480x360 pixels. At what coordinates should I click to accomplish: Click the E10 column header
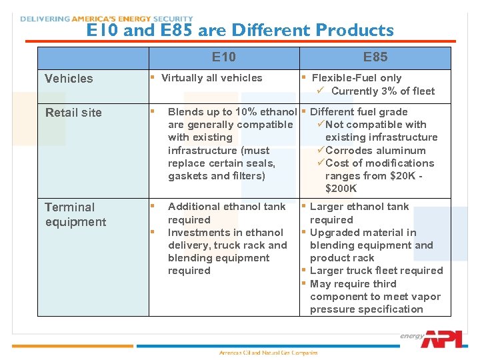(224, 57)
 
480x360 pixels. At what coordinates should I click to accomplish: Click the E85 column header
(375, 57)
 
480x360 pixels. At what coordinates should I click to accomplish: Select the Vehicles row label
(69, 79)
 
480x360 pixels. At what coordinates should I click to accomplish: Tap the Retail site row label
(73, 113)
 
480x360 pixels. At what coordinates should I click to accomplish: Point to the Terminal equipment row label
(75, 215)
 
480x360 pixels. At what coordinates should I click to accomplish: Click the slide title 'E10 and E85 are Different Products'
(240, 31)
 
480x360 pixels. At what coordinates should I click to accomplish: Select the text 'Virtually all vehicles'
(212, 78)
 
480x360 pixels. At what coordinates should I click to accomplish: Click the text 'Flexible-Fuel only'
(357, 78)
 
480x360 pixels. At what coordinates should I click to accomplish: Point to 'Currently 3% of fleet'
(383, 91)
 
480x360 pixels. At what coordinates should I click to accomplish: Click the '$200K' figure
(341, 189)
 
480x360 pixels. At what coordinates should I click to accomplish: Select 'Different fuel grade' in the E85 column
(359, 112)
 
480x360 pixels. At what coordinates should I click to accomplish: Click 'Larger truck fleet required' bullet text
(376, 271)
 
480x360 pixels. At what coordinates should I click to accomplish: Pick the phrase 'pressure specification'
(366, 309)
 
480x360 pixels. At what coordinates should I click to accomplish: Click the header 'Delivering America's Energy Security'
(107, 19)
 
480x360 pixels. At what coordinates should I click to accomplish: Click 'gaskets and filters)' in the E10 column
(217, 176)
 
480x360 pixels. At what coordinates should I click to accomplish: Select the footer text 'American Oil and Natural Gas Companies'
(269, 353)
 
